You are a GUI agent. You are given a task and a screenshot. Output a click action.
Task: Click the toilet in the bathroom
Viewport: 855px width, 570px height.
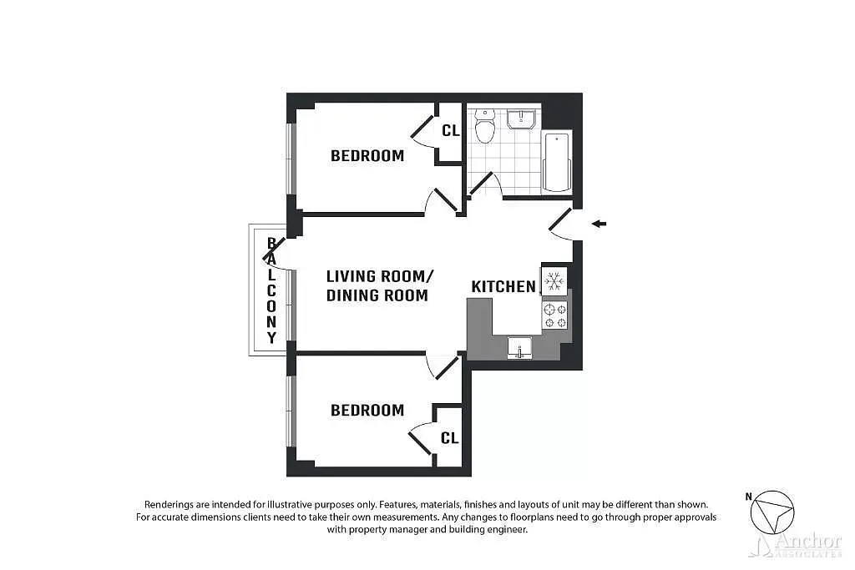483,128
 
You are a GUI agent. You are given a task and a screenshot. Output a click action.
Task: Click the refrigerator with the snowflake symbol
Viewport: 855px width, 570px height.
554,280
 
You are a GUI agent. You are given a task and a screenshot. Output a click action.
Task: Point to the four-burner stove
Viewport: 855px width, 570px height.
555,315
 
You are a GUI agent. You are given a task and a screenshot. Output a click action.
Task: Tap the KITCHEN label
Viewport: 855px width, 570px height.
503,286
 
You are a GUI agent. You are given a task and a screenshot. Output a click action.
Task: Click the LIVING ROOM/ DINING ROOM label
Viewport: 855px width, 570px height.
380,285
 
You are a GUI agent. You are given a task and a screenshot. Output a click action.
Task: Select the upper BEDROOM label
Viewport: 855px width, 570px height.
367,155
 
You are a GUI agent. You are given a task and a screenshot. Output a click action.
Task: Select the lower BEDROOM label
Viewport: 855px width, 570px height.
367,410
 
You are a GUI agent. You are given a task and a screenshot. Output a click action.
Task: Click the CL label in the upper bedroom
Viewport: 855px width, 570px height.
450,130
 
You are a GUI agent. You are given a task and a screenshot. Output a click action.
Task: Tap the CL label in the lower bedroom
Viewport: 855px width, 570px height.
449,437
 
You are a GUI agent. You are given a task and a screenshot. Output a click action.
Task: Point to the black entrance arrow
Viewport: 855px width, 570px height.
599,223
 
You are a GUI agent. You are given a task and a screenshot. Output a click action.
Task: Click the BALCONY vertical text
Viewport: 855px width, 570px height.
271,290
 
